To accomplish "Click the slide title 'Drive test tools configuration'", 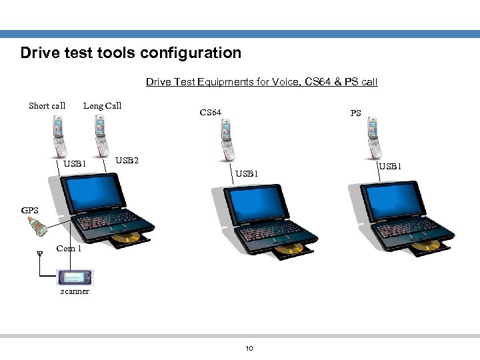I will point(131,53).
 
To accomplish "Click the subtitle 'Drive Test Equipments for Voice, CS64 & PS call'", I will point(261,82).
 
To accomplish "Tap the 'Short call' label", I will point(47,105).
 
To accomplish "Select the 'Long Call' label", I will point(102,105).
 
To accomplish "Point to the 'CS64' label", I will point(211,113).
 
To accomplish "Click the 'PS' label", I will point(356,113).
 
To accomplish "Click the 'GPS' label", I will point(30,211).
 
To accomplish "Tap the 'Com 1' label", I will point(69,249).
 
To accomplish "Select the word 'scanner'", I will point(74,291).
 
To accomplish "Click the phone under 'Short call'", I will point(60,136).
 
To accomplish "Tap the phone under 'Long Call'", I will point(100,136).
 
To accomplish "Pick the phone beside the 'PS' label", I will point(373,139).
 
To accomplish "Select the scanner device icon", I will point(75,277).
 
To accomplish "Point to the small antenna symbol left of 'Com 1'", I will point(39,254).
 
